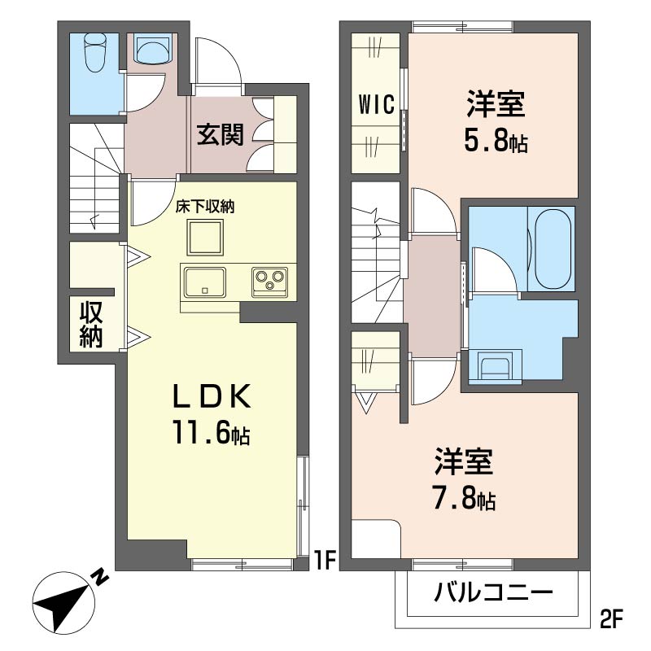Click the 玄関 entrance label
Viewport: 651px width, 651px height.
click(x=220, y=134)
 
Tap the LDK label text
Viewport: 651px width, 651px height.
click(x=212, y=395)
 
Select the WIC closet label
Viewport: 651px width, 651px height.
click(x=376, y=104)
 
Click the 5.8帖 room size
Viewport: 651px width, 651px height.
click(x=496, y=141)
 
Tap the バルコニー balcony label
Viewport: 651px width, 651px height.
click(x=493, y=592)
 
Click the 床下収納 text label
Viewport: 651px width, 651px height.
click(x=205, y=207)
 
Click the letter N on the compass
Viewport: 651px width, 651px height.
click(x=99, y=578)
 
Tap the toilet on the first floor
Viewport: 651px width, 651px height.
click(x=95, y=53)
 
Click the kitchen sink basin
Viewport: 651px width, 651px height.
click(x=205, y=282)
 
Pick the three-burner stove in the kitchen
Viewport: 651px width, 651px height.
click(x=269, y=282)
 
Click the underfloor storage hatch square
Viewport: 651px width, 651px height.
click(x=205, y=238)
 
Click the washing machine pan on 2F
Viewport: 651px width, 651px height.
click(x=496, y=365)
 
